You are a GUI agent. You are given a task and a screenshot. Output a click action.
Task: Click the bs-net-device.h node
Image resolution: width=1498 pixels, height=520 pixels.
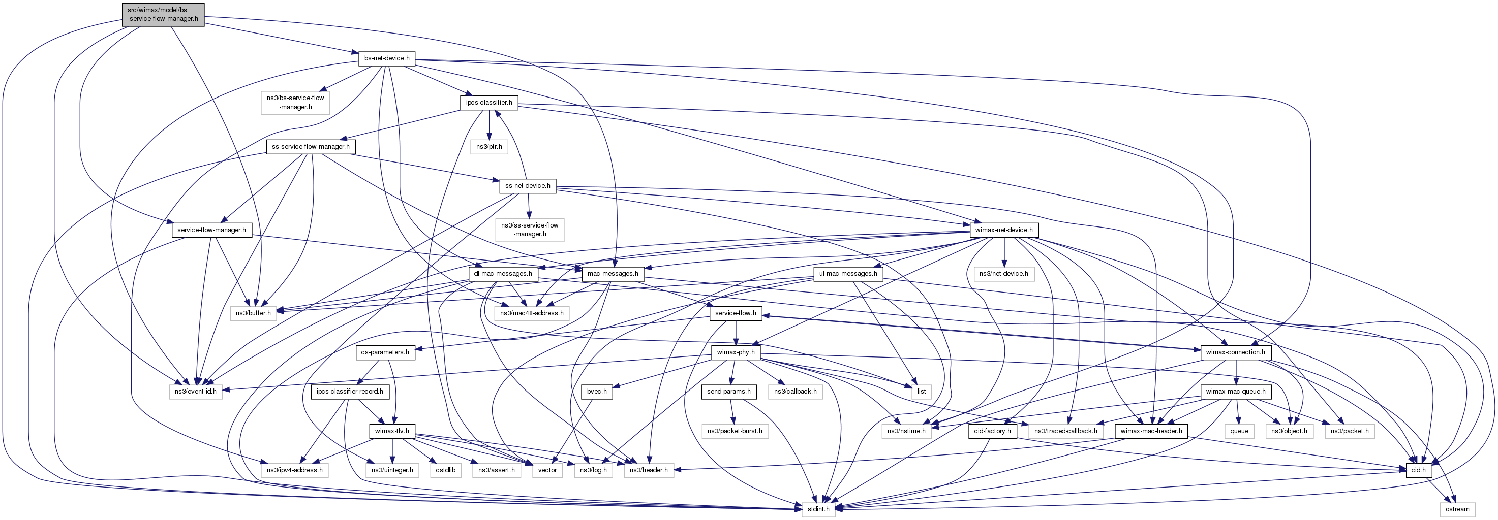click(x=387, y=58)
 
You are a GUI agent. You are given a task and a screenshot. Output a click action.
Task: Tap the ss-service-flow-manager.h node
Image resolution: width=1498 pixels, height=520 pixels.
click(x=311, y=146)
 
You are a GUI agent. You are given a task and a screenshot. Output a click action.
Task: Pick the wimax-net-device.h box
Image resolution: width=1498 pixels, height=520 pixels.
click(x=1004, y=230)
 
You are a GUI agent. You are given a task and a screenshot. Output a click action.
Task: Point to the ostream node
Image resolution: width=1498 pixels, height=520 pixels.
click(x=1457, y=509)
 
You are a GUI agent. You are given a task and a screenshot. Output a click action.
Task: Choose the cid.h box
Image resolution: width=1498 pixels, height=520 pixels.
click(x=1418, y=470)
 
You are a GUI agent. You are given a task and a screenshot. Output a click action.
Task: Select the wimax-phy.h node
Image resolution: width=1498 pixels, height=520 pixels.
click(x=736, y=352)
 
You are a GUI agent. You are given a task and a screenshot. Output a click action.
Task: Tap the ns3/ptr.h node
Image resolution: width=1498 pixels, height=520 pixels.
click(x=489, y=146)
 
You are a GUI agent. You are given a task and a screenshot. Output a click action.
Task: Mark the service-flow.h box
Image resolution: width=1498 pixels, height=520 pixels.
click(x=736, y=313)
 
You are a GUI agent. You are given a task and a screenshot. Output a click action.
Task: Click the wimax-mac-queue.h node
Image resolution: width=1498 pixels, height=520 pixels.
click(x=1235, y=392)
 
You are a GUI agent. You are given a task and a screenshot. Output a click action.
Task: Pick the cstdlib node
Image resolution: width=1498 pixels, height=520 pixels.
click(x=445, y=470)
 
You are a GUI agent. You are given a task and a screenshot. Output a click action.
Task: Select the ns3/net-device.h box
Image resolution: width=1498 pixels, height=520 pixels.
click(x=1004, y=274)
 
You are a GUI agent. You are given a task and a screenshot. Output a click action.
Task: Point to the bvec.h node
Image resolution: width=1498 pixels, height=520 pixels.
click(x=597, y=392)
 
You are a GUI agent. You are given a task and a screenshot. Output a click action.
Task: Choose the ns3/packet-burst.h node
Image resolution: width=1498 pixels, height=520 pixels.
click(x=735, y=431)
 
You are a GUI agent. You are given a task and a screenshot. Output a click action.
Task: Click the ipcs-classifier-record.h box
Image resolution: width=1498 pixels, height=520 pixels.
click(x=350, y=392)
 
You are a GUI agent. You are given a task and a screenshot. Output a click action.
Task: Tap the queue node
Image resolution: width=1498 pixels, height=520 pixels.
click(x=1239, y=431)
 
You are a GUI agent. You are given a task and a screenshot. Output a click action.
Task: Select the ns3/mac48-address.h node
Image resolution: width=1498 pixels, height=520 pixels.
click(x=532, y=313)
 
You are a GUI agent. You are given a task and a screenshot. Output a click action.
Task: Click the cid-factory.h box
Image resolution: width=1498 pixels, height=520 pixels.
click(x=993, y=431)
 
